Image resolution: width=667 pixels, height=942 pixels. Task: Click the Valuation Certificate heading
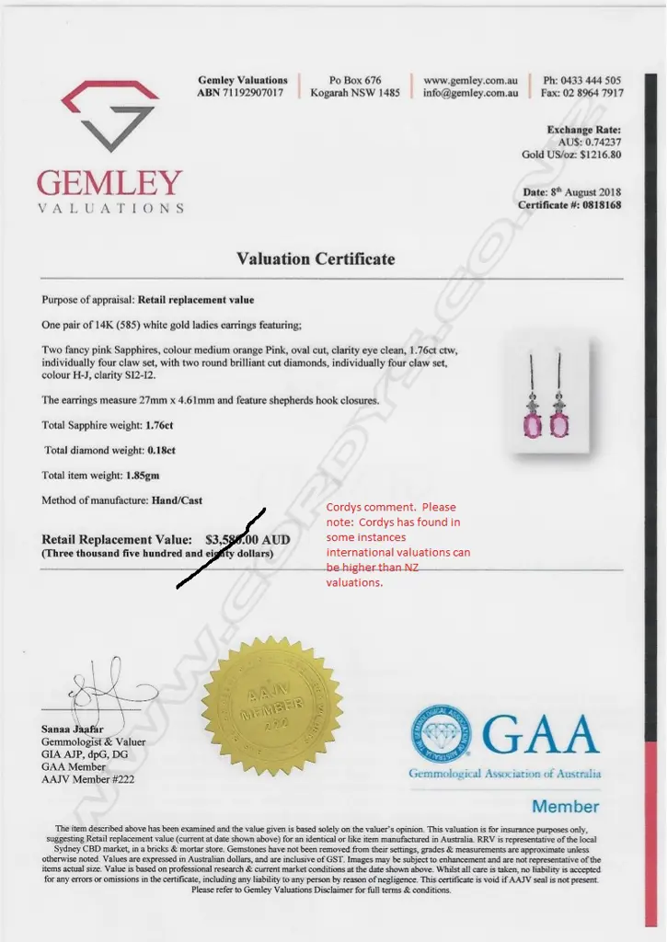click(316, 258)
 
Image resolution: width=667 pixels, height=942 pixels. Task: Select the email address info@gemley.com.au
click(470, 93)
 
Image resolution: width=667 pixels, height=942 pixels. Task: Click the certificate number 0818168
click(596, 205)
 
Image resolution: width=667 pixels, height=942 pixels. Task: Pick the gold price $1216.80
click(596, 155)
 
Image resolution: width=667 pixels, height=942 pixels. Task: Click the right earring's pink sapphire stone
click(558, 425)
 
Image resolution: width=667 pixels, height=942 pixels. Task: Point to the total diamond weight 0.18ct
click(161, 451)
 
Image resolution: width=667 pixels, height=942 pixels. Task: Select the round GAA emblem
click(441, 733)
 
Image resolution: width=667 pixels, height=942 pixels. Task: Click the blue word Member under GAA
click(565, 807)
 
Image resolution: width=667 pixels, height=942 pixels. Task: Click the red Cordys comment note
click(398, 545)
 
